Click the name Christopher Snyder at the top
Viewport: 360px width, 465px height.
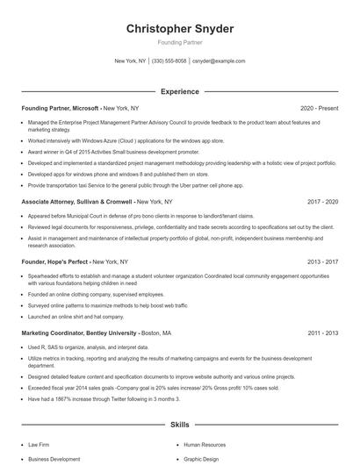pyautogui.click(x=180, y=29)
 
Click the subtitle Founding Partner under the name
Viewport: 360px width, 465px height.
pyautogui.click(x=180, y=42)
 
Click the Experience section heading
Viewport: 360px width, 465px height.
pyautogui.click(x=180, y=91)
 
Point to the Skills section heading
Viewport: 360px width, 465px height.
pyautogui.click(x=180, y=425)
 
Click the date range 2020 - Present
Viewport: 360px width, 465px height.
pyautogui.click(x=319, y=108)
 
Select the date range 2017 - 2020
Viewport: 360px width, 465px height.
pyautogui.click(x=322, y=202)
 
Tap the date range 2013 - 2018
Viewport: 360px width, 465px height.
pyautogui.click(x=322, y=261)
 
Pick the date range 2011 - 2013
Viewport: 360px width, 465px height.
pyautogui.click(x=322, y=333)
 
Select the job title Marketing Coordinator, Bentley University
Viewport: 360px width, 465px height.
pyautogui.click(x=78, y=333)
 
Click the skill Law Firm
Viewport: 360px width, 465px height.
pyautogui.click(x=39, y=445)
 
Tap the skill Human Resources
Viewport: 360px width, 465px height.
pyautogui.click(x=204, y=445)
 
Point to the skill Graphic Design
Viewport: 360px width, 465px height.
pyautogui.click(x=202, y=459)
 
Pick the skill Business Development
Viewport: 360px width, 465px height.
pyautogui.click(x=54, y=459)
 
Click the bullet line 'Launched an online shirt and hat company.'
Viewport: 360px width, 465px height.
pyautogui.click(x=76, y=316)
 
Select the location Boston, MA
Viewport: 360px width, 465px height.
pyautogui.click(x=156, y=333)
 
